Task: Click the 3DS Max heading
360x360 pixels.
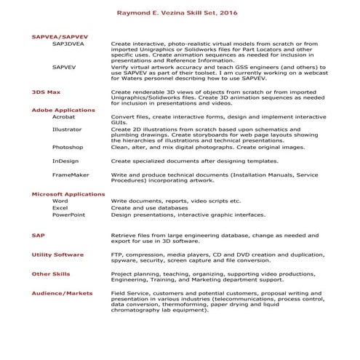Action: pyautogui.click(x=46, y=92)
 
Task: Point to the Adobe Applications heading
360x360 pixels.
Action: pyautogui.click(x=63, y=109)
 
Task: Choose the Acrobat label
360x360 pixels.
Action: pyautogui.click(x=64, y=116)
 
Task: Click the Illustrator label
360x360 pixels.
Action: pyautogui.click(x=67, y=129)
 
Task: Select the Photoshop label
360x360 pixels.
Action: pyautogui.click(x=67, y=147)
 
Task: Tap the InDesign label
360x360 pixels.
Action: pyautogui.click(x=65, y=160)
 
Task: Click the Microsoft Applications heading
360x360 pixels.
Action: pyautogui.click(x=68, y=193)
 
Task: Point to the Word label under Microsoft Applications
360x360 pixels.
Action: pyautogui.click(x=60, y=201)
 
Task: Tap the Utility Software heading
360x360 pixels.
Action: pyautogui.click(x=57, y=255)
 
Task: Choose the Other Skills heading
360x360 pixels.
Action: pyautogui.click(x=51, y=273)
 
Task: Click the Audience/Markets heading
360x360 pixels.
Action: pyautogui.click(x=63, y=292)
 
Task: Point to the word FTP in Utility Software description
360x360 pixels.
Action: pyautogui.click(x=116, y=255)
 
